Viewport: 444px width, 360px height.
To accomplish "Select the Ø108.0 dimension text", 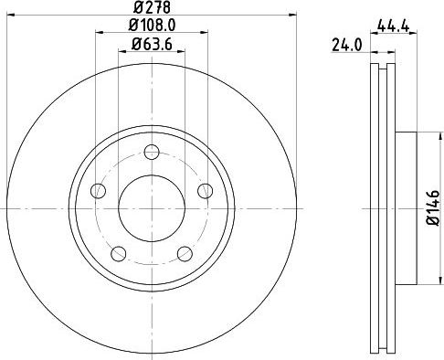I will pos(152,26).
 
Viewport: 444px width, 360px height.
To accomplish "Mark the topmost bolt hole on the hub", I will pos(153,152).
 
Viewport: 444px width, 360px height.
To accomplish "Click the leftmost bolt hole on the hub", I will pos(99,190).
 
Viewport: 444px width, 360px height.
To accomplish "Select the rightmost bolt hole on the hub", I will pos(205,190).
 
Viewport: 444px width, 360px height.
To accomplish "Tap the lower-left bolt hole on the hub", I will pos(119,253).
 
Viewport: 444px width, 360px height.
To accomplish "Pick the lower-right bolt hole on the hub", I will pos(185,253).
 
